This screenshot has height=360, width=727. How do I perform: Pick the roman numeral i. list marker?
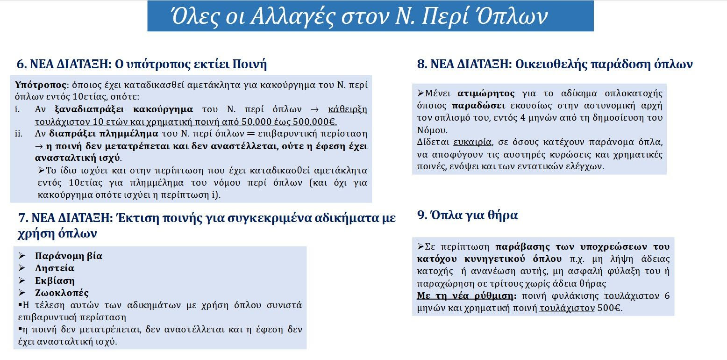coord(18,109)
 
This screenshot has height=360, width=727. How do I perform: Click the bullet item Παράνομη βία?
coord(68,256)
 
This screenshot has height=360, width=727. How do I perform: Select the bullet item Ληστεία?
coord(54,268)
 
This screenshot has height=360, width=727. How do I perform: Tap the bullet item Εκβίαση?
coord(55,281)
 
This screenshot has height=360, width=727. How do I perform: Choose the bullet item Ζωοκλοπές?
coord(62,293)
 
